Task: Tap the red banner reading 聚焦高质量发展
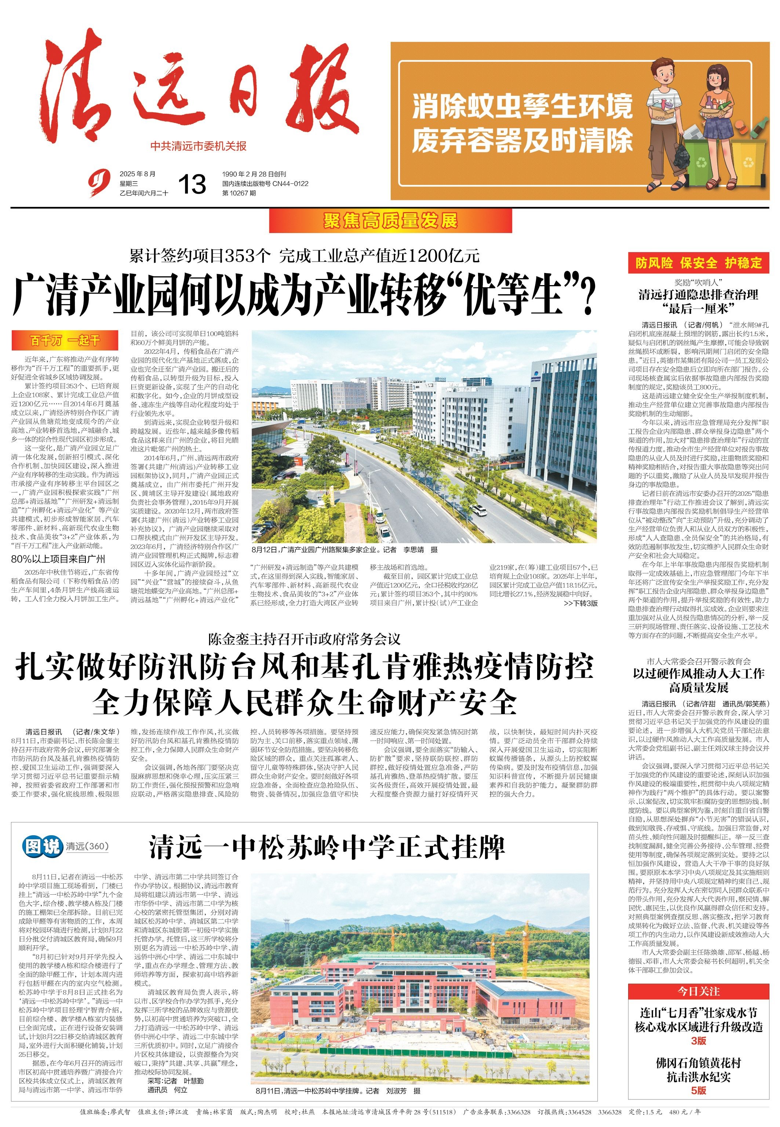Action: pos(390,221)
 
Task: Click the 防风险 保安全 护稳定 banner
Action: pos(699,263)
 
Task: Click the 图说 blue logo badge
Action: pos(43,846)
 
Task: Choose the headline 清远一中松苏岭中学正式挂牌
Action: pos(327,847)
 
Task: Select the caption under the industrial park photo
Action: pos(345,550)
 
